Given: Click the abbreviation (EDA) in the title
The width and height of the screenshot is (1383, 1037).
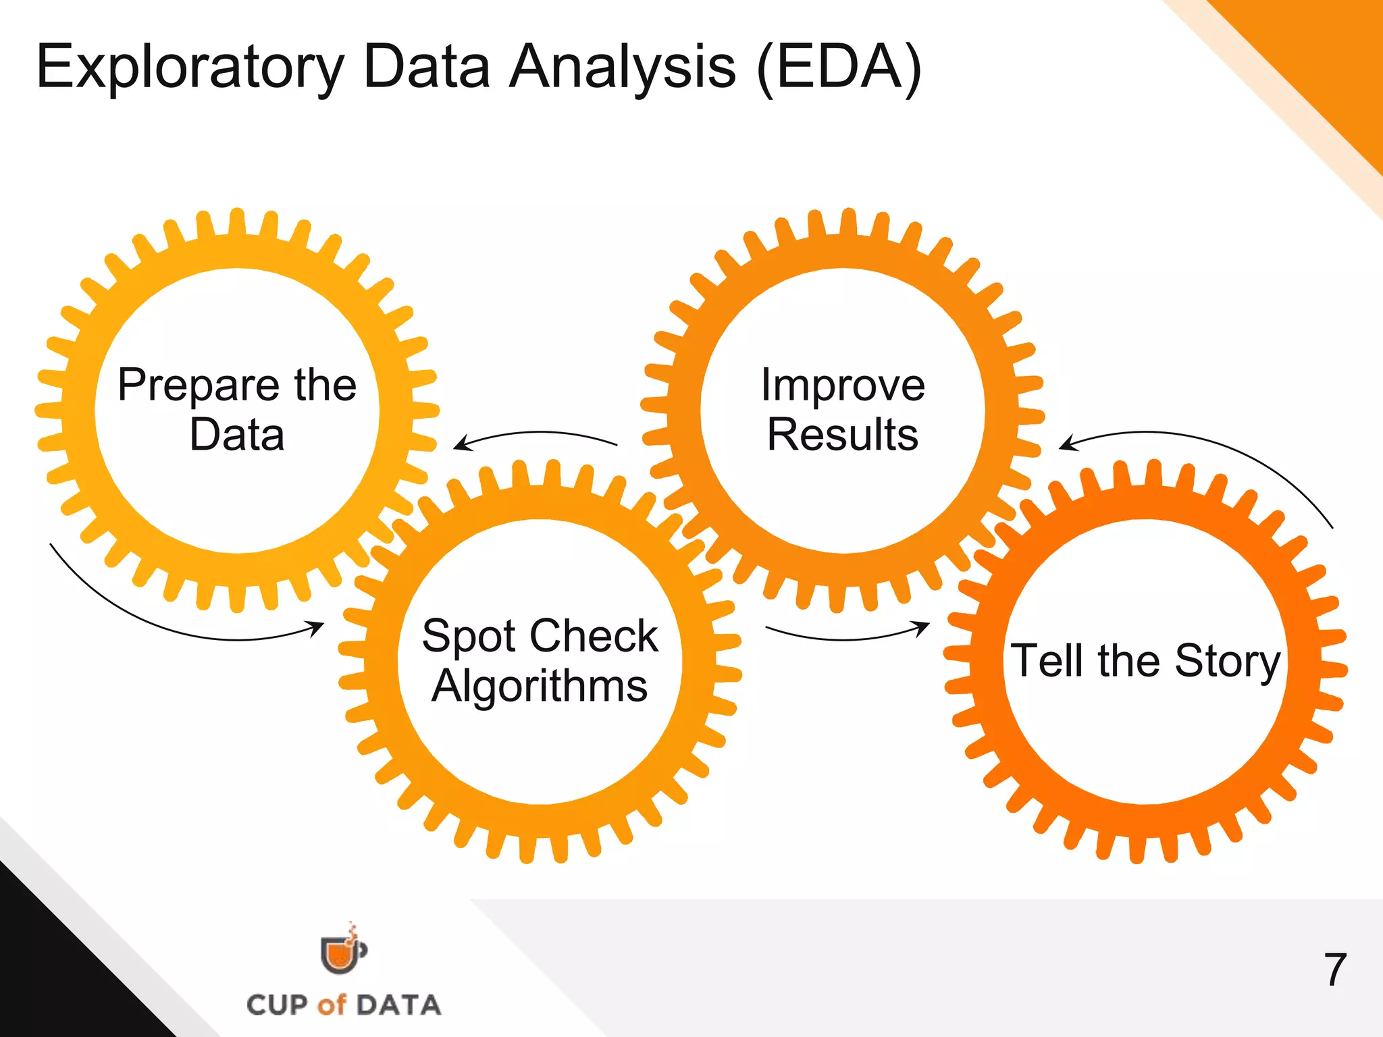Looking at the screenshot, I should coord(839,68).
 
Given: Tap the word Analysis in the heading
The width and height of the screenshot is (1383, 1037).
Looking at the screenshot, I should coord(622,68).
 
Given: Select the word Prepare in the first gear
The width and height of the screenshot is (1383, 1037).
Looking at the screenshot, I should coord(199,386).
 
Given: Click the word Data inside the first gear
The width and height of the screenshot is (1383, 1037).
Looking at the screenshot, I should coord(237,434).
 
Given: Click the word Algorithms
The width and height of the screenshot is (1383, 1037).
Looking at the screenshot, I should coord(540,686).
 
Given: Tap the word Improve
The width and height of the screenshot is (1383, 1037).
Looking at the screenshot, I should coord(843,385).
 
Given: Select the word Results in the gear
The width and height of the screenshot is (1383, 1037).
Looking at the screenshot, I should coord(843,434).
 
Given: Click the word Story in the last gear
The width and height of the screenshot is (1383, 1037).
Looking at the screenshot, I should coord(1228,662).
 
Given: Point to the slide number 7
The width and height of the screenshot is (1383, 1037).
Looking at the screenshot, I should coord(1335,970).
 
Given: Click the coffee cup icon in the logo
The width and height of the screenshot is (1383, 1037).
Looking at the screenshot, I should coord(342,953).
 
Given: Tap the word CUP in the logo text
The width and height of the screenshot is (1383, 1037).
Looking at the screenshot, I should coord(277,1005).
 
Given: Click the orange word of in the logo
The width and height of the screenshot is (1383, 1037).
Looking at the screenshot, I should coord(332,1005).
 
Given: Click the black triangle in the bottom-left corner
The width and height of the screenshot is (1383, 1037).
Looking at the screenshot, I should coord(61,972).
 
